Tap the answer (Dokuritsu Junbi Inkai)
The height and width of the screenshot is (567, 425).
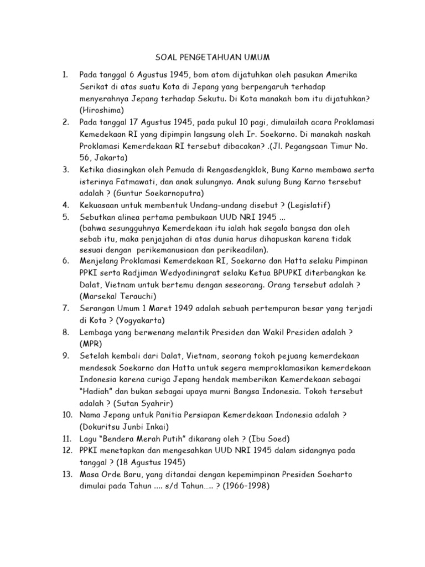click(x=129, y=427)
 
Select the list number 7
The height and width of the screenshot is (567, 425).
click(x=65, y=308)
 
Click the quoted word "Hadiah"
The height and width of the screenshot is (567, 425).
click(x=99, y=391)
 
